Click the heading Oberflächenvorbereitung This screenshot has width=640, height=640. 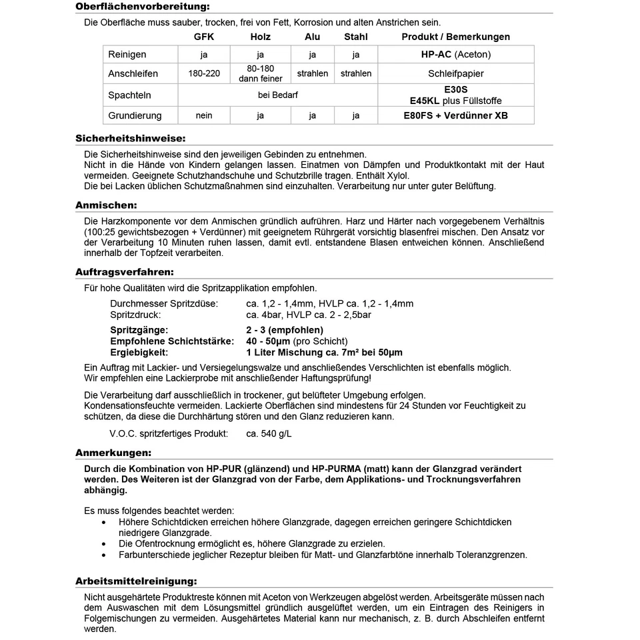142,7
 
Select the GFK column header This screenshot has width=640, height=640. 204,37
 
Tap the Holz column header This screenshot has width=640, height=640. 260,37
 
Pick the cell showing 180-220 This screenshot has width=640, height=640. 204,73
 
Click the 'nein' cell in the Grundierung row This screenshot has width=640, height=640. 204,115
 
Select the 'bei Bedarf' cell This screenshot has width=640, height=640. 278,95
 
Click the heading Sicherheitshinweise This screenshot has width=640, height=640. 130,139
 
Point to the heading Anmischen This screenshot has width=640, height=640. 106,205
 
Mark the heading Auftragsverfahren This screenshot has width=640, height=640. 125,272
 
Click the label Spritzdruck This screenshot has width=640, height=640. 135,315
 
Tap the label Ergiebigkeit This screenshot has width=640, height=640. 139,352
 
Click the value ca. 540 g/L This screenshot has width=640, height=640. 269,434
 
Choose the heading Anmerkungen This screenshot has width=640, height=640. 113,453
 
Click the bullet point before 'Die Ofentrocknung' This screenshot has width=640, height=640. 103,544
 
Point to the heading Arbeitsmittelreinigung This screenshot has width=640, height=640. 136,581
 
